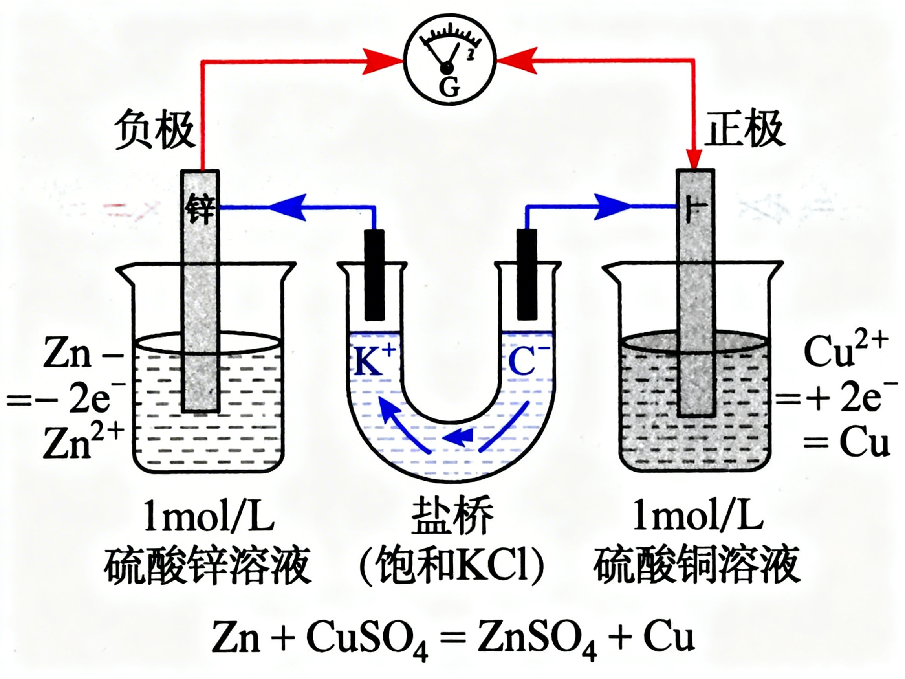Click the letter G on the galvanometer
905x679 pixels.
pos(449,87)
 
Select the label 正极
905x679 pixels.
pos(744,128)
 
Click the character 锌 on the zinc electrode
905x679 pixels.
pos(200,209)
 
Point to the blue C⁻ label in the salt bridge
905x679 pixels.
pos(528,361)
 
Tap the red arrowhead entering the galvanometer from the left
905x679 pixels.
pos(383,62)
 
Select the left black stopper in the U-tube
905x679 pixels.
pos(374,275)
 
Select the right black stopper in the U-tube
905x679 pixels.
pos(527,275)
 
